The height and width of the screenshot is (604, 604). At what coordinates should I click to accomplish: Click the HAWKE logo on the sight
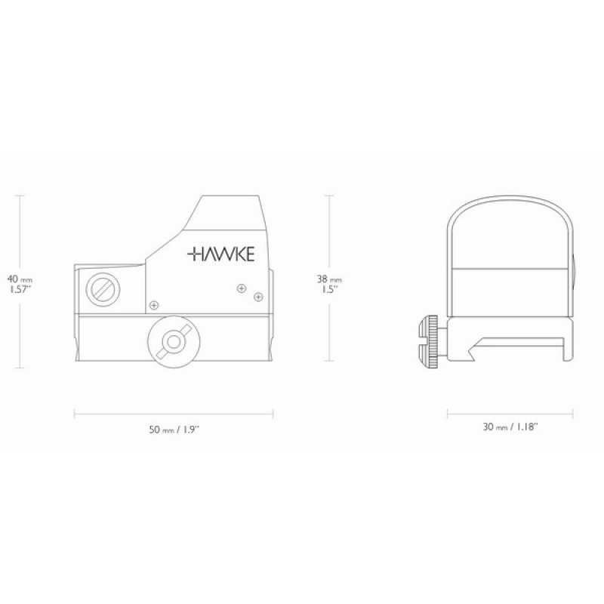coord(220,254)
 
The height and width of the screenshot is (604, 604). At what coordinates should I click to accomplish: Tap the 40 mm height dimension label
coord(20,279)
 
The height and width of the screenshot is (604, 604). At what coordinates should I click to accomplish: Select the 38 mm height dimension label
coord(329,279)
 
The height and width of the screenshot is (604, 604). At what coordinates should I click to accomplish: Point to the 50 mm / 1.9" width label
coord(174,429)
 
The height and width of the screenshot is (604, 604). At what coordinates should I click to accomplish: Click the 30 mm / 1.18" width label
coord(510,427)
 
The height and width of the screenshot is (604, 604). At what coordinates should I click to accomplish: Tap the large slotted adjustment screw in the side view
coord(103,289)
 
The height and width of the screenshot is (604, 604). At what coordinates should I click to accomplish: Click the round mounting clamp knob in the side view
coord(174,342)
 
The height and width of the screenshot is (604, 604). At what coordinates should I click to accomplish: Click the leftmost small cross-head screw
coord(154,306)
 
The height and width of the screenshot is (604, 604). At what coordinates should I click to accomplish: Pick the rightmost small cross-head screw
coord(258,297)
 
